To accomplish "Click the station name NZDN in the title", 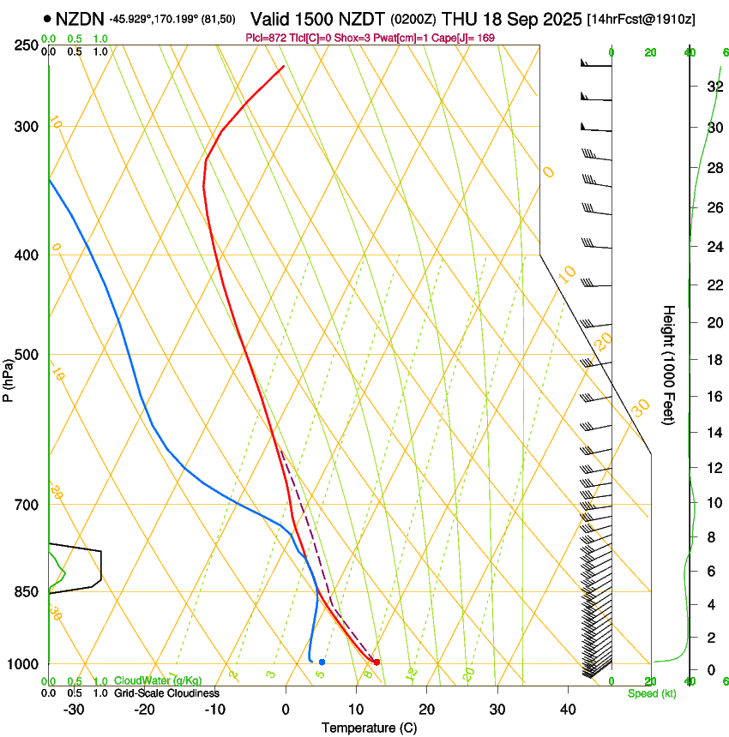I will pos(79,18).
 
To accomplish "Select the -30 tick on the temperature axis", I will pos(74,709).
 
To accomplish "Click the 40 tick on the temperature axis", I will pos(568,709).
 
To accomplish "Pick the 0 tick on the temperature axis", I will pos(286,709).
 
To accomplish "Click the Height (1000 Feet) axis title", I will pos(670,364).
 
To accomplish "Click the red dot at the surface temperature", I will pos(377,662).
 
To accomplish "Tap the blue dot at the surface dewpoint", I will pos(322,662).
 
